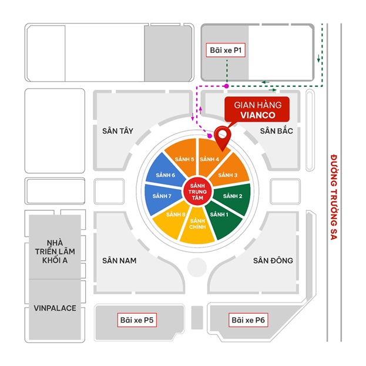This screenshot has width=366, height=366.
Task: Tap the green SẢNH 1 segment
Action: pos(220,216)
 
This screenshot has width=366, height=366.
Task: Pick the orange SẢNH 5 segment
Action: pos(179,158)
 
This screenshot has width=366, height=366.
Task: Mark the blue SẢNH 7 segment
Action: pos(161,196)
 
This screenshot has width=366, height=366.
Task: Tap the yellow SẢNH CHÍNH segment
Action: pos(196,226)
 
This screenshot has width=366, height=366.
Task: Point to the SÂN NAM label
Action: pos(119,260)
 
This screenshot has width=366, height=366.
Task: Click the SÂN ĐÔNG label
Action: pos(273,260)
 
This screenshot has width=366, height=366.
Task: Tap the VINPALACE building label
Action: pos(55,308)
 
